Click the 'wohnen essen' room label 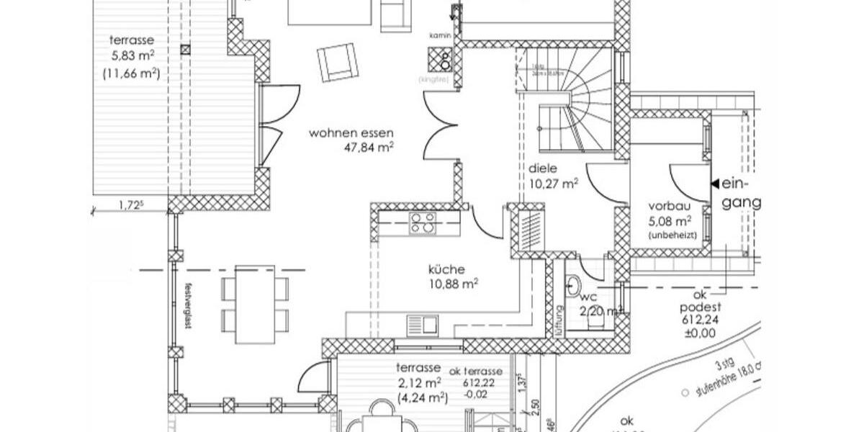(x=352, y=133)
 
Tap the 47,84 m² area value (x=370, y=148)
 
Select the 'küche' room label (x=446, y=269)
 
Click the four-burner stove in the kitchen (x=423, y=223)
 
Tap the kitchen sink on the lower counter (x=422, y=325)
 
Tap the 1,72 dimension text (x=131, y=206)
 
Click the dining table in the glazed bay (x=255, y=304)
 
